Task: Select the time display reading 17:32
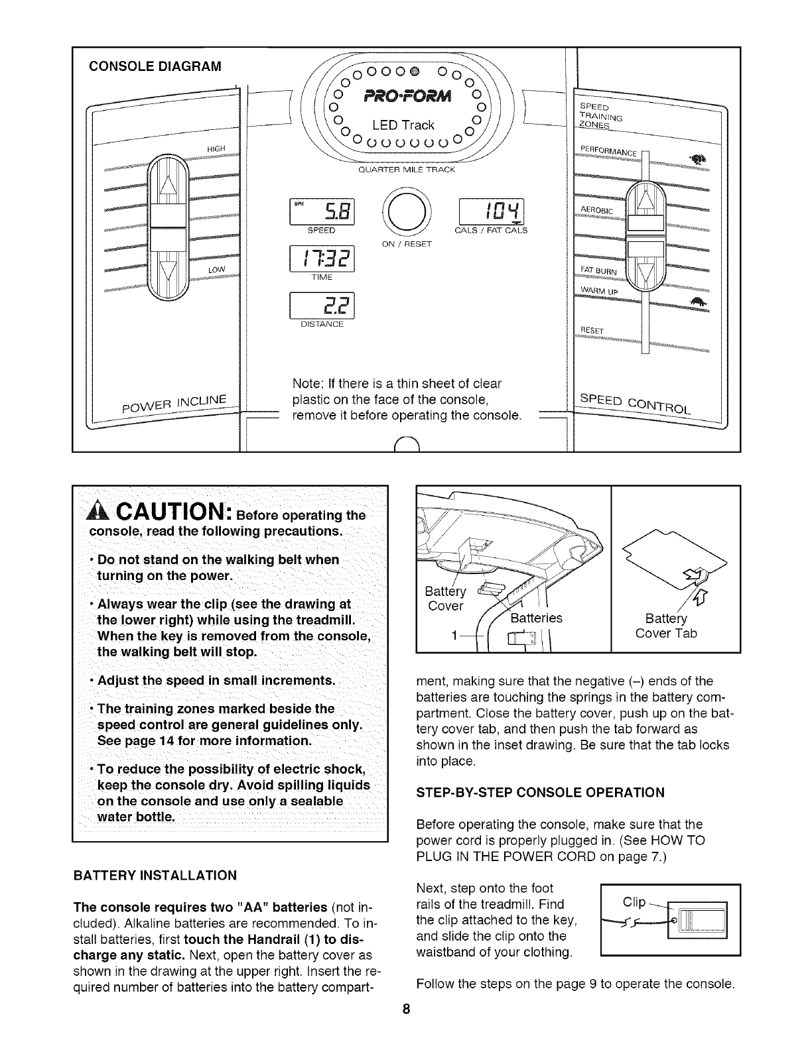322,259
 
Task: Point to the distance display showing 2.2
322,306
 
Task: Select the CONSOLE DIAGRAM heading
156,66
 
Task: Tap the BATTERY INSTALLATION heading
155,876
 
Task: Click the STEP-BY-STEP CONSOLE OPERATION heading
540,792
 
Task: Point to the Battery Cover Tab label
666,626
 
